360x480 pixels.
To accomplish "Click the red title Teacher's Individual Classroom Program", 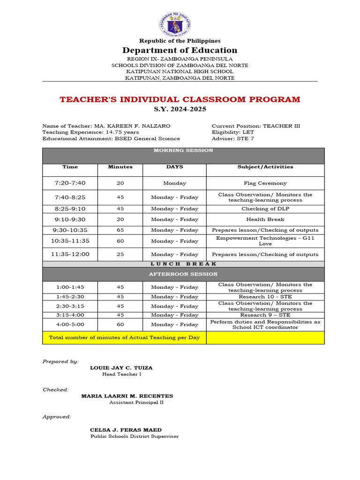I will [x=180, y=99].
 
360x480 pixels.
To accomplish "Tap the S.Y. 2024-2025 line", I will [x=180, y=109].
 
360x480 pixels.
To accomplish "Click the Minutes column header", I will [x=120, y=167].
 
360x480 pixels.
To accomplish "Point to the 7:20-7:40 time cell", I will [x=70, y=183].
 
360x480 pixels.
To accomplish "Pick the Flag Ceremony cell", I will [x=265, y=183].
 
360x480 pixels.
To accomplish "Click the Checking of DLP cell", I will [x=265, y=209].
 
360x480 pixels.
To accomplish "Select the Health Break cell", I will [x=265, y=219].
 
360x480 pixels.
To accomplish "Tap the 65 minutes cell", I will [x=120, y=230].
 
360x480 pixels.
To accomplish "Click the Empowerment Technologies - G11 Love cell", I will [x=265, y=241].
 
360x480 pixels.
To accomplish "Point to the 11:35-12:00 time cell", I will [x=70, y=255].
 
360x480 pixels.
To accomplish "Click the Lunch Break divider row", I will [x=183, y=264].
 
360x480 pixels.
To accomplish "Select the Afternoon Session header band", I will [x=183, y=274].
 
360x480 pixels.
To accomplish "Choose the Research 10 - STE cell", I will [x=265, y=297].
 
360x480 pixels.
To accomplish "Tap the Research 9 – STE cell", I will [x=265, y=315].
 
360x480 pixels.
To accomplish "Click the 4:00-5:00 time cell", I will [x=70, y=324].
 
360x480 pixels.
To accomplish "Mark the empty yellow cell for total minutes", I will [x=265, y=337].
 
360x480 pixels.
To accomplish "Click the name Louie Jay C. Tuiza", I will [x=121, y=368].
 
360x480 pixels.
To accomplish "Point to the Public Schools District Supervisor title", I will [x=135, y=436].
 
